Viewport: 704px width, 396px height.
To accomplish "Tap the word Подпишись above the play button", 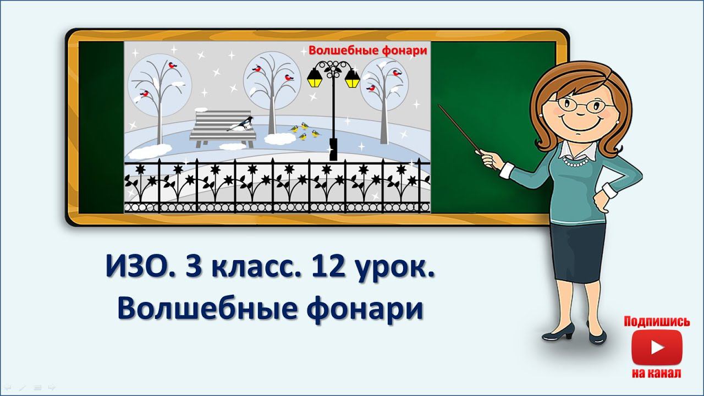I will [656, 322].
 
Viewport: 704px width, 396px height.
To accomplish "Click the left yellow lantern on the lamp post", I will [314, 80].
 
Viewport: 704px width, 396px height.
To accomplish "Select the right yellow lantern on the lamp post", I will [352, 80].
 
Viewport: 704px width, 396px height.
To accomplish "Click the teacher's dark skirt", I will [577, 250].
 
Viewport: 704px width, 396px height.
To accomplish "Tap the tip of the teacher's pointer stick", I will [439, 105].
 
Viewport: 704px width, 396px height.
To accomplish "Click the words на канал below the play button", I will [656, 373].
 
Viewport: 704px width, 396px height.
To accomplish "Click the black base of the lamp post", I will [333, 149].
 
